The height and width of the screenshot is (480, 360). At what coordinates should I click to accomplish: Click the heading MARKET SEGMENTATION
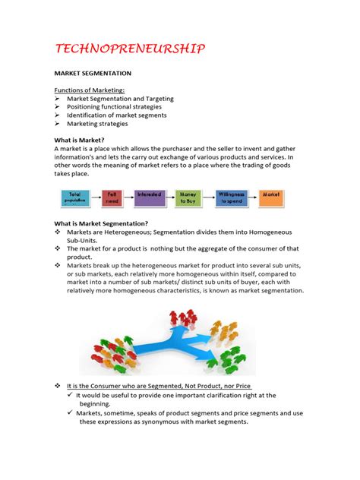(x=92, y=74)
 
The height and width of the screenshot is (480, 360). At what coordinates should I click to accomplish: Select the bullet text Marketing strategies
(x=97, y=124)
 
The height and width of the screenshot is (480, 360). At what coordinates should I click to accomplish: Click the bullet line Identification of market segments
(x=116, y=115)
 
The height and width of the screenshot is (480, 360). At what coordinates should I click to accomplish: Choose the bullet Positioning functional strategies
(x=114, y=107)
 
